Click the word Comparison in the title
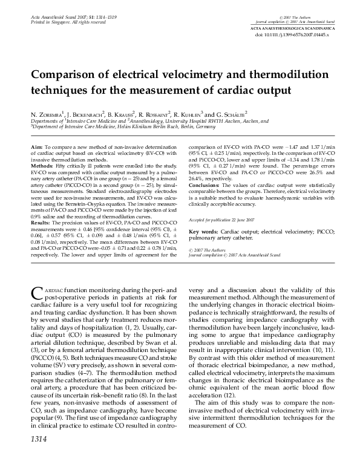click(67, 77)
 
